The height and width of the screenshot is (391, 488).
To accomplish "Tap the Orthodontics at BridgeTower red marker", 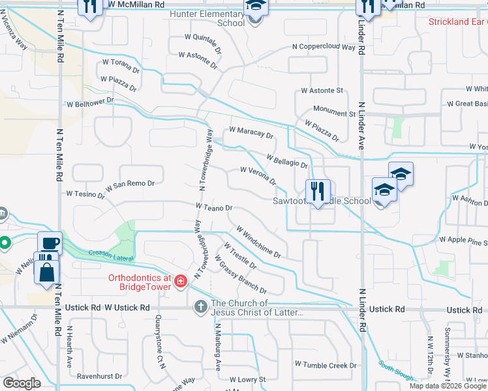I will pos(180,282).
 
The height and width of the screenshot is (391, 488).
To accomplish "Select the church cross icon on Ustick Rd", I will pos(200,306).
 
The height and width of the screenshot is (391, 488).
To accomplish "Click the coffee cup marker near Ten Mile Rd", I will pos(50,244).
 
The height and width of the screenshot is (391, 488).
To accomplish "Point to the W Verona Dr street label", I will pos(258,175).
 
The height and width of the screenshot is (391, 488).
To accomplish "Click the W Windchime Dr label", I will pos(258,241).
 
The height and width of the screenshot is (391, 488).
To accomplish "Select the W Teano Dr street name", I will pos(214,207).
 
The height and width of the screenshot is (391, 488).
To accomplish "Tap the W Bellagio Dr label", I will pos(287,160).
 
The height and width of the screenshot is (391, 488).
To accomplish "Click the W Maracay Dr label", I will pos(251,134).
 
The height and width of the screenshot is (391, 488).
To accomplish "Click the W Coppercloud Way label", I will pos(324,47).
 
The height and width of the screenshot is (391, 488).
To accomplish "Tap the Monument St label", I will pos(334,113).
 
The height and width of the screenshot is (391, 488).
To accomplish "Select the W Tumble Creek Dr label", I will pos(326,365).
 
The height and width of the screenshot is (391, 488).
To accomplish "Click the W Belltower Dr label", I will pos(90,103).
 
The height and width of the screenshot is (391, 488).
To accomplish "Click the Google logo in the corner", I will pos(22,383).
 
